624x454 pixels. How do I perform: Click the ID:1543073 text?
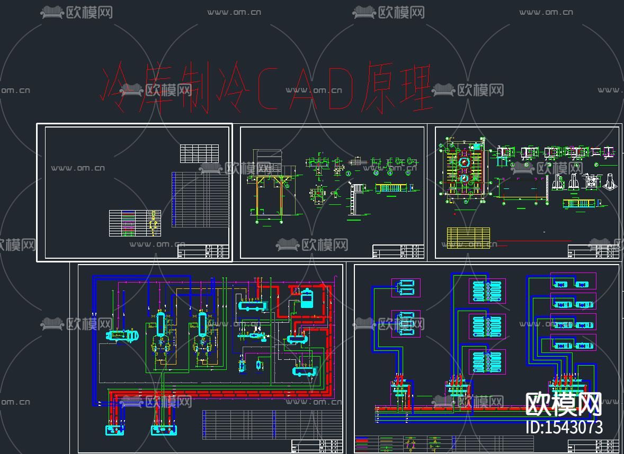click(564, 427)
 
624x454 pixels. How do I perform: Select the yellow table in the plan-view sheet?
click(468, 238)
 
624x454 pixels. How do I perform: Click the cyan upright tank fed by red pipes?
click(307, 297)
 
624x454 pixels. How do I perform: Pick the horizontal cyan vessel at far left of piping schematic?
click(121, 335)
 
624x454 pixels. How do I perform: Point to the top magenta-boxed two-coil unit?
click(406, 287)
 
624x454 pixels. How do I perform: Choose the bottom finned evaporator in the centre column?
click(487, 362)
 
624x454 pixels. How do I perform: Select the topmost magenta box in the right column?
click(573, 281)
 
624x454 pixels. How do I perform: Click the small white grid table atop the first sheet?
click(199, 153)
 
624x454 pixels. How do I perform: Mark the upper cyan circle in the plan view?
click(465, 162)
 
